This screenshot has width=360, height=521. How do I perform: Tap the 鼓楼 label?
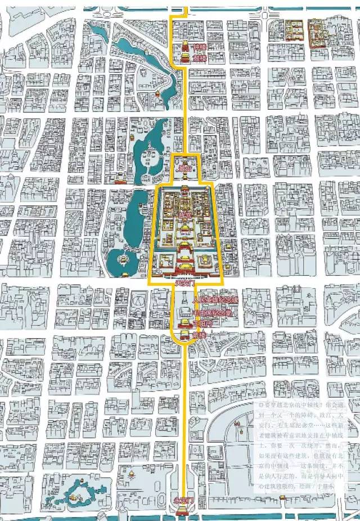click(x=199, y=58)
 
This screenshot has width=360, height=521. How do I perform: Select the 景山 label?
click(x=183, y=168)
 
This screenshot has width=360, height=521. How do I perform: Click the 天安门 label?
click(x=184, y=283)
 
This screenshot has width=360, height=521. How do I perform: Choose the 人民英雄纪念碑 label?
click(x=215, y=299)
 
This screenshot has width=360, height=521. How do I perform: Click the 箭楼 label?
click(x=199, y=335)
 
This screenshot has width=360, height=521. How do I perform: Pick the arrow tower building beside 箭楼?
click(x=184, y=336)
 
